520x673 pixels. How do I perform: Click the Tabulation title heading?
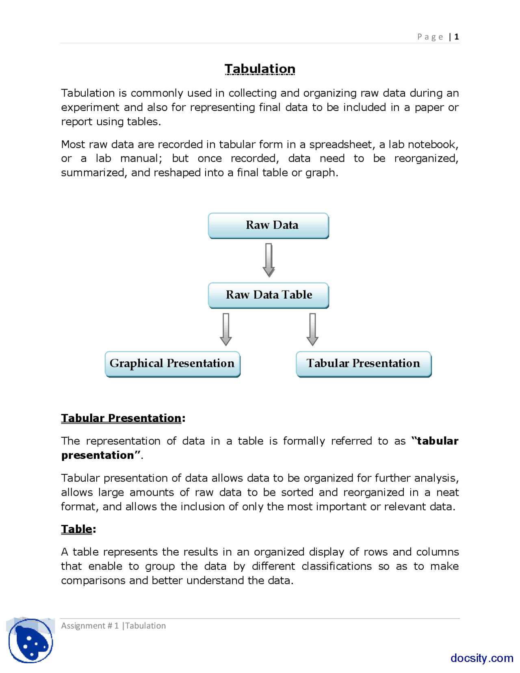coord(260,69)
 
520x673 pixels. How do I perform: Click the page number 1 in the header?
coord(457,37)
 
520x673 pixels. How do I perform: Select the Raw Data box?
coord(269,226)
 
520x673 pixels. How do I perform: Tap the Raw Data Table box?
coord(269,295)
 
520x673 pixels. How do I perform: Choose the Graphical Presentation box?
coord(173,364)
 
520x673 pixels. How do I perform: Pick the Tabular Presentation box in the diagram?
coord(364,364)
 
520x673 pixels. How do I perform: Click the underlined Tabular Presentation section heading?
coord(121,418)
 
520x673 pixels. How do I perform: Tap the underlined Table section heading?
coord(77,529)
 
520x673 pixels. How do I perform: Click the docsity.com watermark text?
coord(482,658)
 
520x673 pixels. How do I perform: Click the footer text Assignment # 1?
coord(90,626)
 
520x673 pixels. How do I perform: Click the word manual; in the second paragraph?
coord(141,158)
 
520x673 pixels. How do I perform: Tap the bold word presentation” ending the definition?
coord(100,456)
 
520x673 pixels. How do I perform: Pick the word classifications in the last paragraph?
coord(336,567)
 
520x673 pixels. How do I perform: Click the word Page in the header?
coord(430,37)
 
